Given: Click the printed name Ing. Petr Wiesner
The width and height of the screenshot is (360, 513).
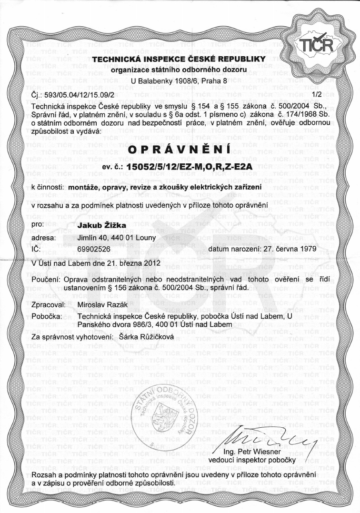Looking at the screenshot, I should tap(252, 452).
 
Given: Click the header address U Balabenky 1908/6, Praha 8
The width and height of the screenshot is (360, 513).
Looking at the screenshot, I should tap(179, 81).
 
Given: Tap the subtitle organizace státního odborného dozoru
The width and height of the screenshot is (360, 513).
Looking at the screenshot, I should tap(179, 70).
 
